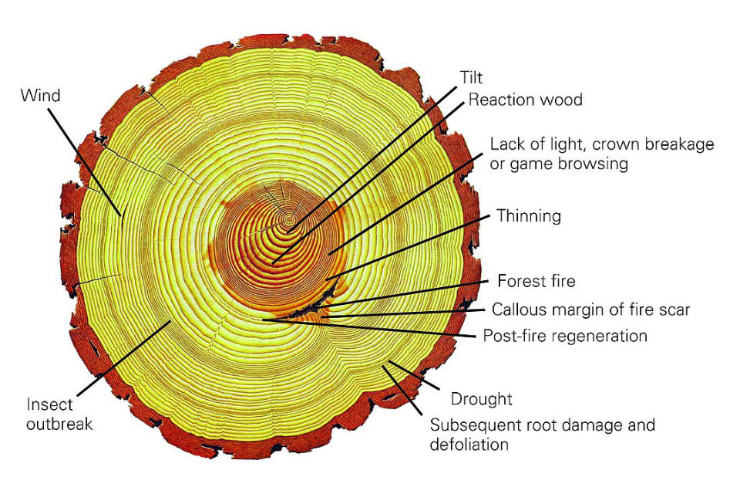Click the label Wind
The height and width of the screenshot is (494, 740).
41,96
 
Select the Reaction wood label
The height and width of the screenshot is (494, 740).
525,100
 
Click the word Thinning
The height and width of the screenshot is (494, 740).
529,215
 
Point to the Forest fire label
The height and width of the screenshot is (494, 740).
536,280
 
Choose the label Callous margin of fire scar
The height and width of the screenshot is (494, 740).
590,310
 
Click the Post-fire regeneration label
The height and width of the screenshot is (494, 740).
565,337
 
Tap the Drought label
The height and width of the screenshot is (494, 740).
480,399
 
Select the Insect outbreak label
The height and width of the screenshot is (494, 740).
59,414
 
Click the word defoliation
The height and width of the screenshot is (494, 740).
469,445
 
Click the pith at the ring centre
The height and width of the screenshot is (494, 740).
289,219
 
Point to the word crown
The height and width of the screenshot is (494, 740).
607,144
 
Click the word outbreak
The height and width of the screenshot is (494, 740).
59,424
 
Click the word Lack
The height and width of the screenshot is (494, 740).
506,144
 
